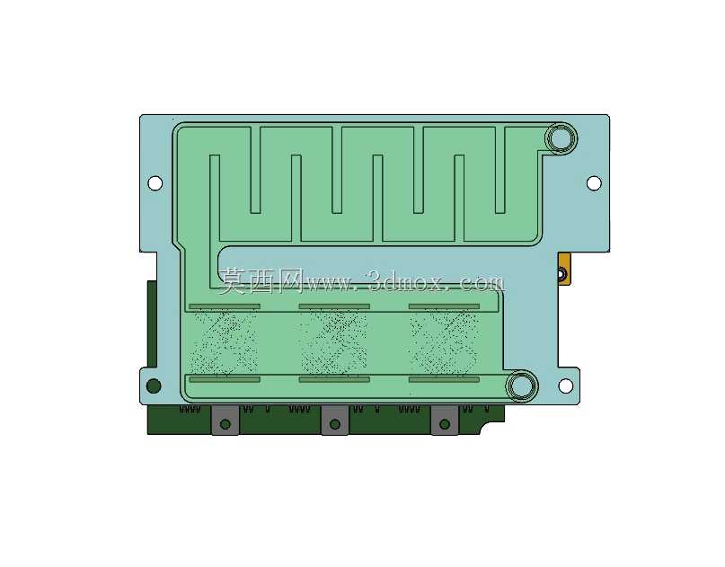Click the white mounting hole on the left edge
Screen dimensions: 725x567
155,182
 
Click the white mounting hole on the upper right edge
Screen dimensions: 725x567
594,182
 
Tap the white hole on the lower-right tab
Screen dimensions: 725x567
565,385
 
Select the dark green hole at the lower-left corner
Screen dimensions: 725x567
154,385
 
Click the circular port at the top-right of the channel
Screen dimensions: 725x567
561,137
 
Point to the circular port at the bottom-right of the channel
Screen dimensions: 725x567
522,385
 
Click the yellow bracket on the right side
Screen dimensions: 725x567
564,270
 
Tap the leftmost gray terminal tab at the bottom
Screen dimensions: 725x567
225,420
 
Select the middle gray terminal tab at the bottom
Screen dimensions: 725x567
335,420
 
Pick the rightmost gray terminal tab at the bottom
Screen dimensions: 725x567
445,420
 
